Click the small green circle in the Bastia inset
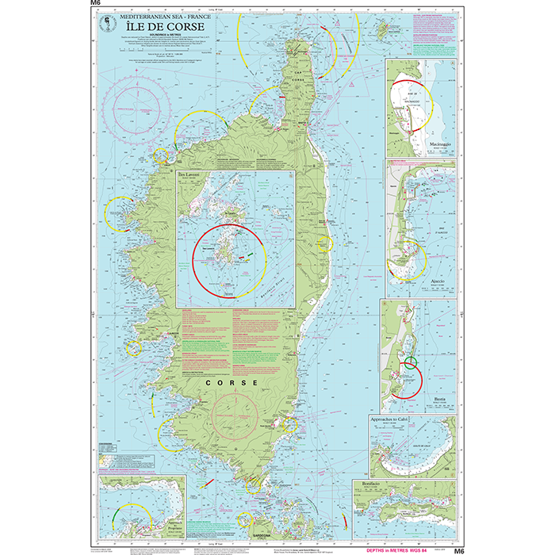410,365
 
